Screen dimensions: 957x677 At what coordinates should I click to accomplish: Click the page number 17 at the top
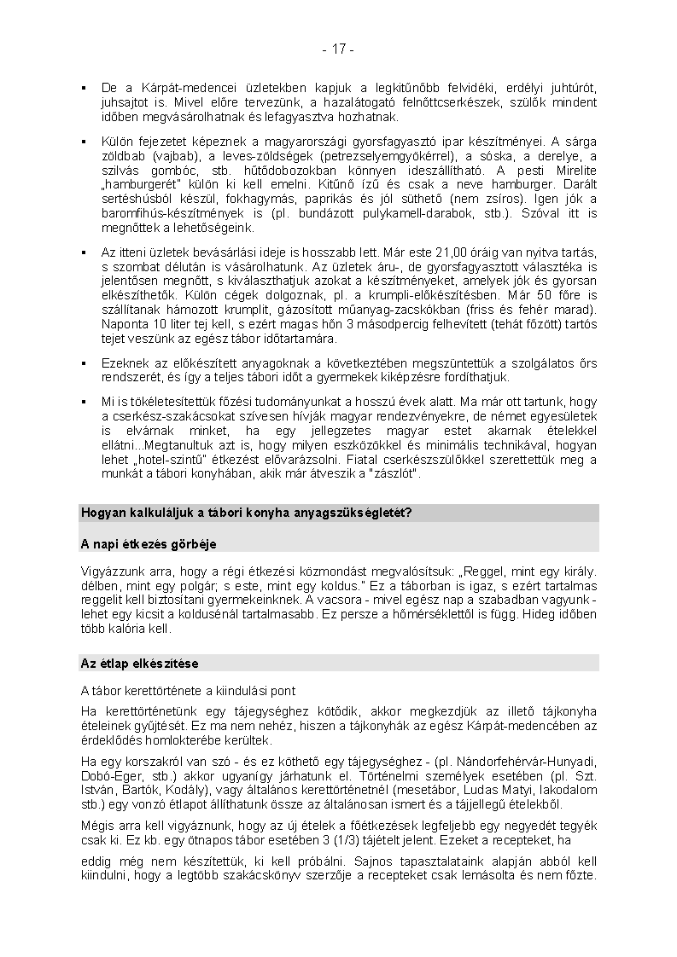point(339,49)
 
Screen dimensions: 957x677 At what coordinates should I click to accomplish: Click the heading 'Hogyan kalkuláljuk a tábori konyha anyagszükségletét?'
point(247,513)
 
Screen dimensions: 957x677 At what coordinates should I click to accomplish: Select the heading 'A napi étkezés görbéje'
point(149,543)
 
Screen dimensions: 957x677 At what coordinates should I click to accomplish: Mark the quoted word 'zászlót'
point(394,474)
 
